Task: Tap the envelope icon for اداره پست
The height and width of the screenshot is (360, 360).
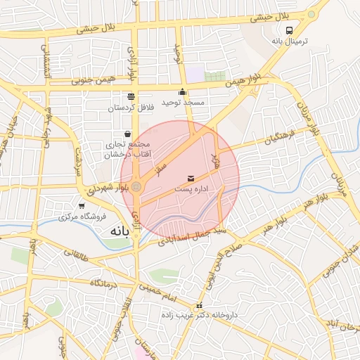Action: (x=192, y=179)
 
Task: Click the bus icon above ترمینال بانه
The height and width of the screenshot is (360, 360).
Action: (x=290, y=30)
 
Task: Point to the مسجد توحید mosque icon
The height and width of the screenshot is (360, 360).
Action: (x=183, y=91)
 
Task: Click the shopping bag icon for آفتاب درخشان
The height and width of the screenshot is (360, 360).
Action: (x=127, y=134)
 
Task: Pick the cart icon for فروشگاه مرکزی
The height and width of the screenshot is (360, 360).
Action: (x=82, y=206)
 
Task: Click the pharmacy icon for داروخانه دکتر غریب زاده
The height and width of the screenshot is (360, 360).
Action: (x=200, y=306)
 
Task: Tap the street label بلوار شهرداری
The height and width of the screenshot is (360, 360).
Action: (x=109, y=188)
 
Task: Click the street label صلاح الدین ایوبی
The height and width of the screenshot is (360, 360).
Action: (x=210, y=261)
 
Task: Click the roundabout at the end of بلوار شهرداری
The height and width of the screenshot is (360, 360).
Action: (x=137, y=186)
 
